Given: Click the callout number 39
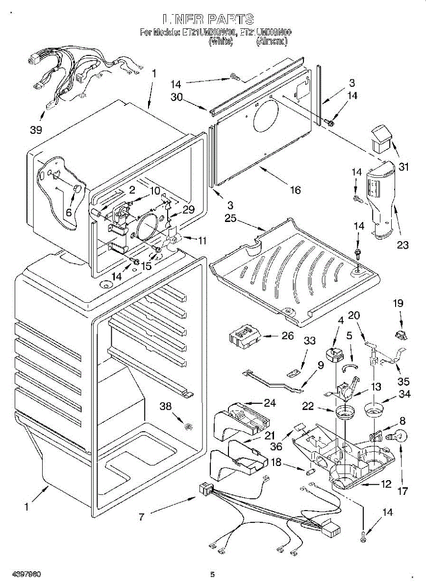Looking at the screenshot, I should click(x=36, y=130).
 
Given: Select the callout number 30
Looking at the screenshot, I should click(x=177, y=97).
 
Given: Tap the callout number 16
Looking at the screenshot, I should click(x=295, y=190).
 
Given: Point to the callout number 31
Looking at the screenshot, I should click(x=403, y=167).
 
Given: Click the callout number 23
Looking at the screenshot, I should click(x=402, y=245).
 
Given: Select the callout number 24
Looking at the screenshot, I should click(x=270, y=403).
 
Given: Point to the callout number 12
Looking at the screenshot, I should click(x=386, y=484).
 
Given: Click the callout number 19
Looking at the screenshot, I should click(x=398, y=303).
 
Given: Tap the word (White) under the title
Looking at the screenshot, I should click(x=220, y=42).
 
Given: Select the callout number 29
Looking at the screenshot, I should click(x=188, y=209).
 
